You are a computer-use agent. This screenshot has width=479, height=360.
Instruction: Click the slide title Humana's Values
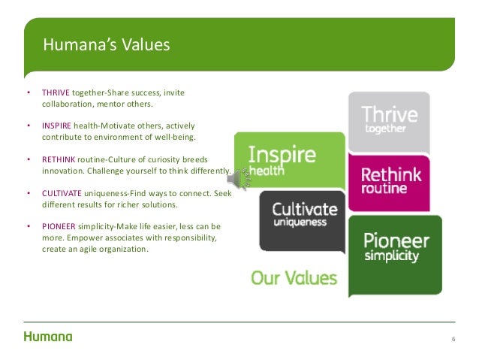click(x=106, y=45)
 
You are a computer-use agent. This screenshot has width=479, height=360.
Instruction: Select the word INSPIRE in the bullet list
click(x=56, y=126)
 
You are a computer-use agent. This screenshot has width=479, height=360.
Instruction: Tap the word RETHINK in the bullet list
click(x=57, y=159)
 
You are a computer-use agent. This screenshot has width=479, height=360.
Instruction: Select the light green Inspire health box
click(x=288, y=159)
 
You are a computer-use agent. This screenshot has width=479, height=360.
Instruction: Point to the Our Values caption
click(x=294, y=278)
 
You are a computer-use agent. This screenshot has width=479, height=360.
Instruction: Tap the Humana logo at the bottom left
click(x=48, y=337)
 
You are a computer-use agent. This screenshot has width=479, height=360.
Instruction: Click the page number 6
click(x=453, y=339)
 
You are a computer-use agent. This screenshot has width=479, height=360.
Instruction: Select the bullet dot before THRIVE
click(x=28, y=93)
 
